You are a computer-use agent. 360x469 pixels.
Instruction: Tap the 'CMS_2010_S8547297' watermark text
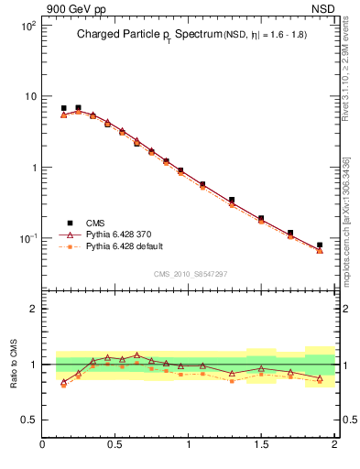click(190, 274)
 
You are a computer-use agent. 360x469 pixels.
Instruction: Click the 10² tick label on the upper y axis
click(28, 27)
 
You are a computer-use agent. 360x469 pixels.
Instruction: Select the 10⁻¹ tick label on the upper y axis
click(28, 239)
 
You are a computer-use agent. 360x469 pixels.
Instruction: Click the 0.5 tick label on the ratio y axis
click(27, 420)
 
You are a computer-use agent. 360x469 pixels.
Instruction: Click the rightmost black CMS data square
click(320, 245)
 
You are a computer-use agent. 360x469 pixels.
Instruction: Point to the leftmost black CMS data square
click(63, 108)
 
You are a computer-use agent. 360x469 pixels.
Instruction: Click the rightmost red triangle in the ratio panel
click(320, 377)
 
